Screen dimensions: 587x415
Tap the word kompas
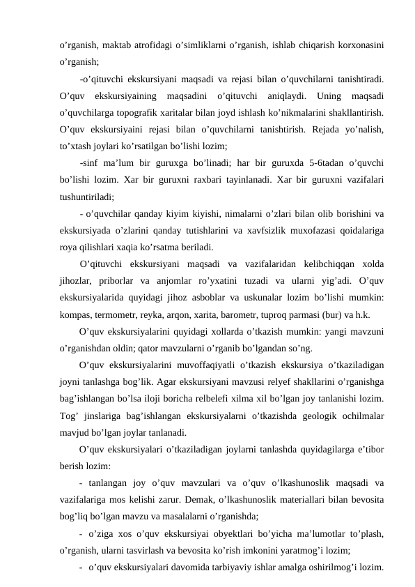point(75,314)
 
